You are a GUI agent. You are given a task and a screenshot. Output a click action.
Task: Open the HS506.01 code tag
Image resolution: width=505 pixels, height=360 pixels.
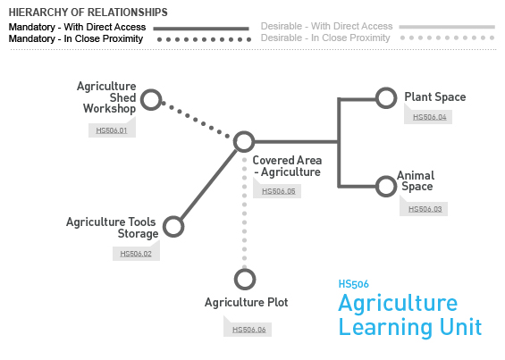[x=112, y=130]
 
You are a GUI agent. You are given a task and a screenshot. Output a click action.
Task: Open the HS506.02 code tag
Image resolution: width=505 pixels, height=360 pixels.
[x=136, y=254]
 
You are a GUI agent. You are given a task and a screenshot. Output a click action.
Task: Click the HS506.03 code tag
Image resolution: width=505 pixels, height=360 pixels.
[x=425, y=209]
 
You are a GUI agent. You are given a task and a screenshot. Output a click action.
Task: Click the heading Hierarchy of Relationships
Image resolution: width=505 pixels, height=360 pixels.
[x=88, y=13]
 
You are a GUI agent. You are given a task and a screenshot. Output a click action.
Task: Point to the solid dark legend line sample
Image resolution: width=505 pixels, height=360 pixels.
[x=201, y=29]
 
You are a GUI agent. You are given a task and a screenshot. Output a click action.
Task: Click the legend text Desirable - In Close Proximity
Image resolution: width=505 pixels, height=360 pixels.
[x=325, y=38]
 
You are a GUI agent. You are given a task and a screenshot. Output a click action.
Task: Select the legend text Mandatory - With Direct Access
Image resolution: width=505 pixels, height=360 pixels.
[x=77, y=27]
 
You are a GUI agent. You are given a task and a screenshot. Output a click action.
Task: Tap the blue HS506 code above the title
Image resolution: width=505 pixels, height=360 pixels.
[x=353, y=284]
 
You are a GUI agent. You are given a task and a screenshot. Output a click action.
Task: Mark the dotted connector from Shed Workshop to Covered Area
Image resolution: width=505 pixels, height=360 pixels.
[x=196, y=120]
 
